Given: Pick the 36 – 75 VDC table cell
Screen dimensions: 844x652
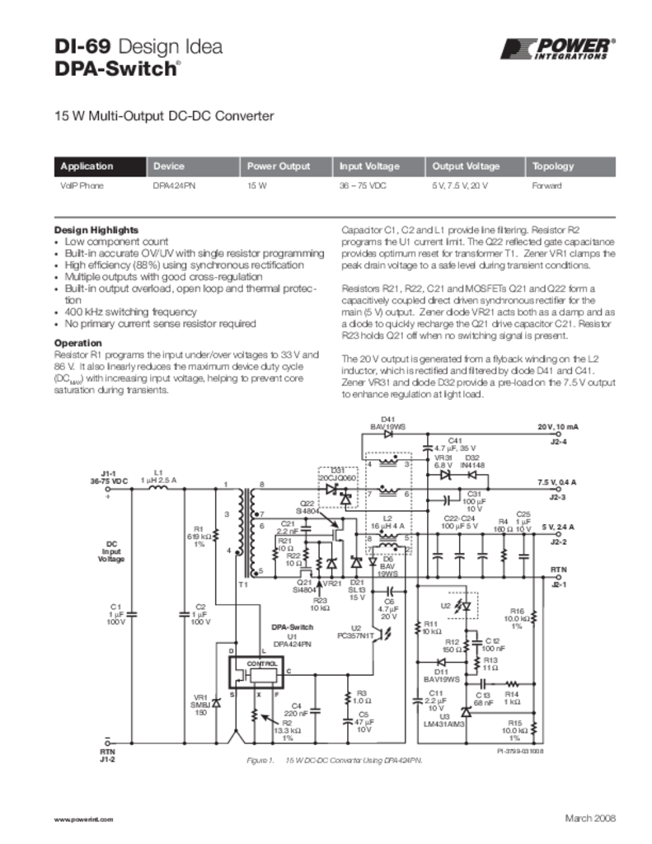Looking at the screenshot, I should coord(363,186).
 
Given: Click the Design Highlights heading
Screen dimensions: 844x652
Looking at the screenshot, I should coord(96,229).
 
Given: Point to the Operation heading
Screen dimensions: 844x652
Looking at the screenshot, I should coord(77,343).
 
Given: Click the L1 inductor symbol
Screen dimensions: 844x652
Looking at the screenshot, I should coord(158,487).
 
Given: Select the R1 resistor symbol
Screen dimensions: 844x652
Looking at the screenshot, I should coord(216,535).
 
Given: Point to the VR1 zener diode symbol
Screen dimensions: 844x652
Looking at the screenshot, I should coord(216,703).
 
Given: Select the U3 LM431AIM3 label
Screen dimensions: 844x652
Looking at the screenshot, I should coord(445,720).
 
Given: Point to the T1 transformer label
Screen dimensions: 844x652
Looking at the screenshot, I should coord(242,584).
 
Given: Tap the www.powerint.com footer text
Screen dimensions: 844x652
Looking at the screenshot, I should coord(82,819).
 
